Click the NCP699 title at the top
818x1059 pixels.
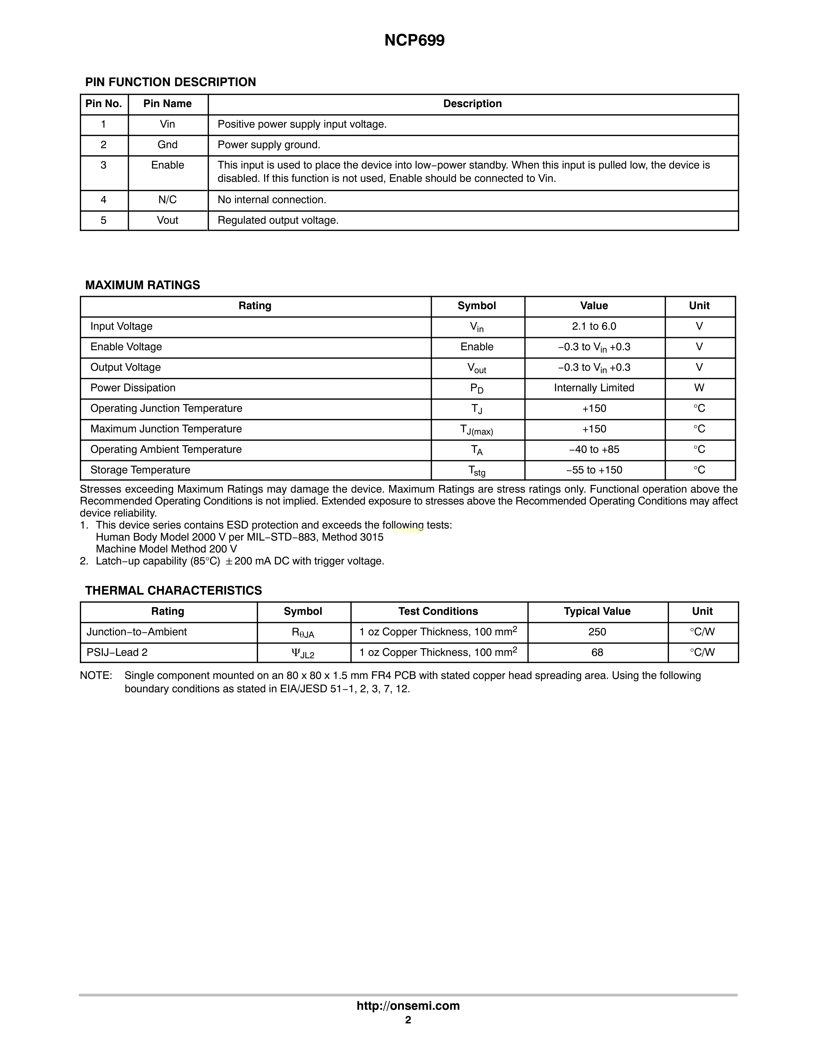[414, 40]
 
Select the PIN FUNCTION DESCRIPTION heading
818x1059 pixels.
[171, 82]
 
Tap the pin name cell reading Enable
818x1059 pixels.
[168, 165]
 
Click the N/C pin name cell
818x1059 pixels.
[168, 200]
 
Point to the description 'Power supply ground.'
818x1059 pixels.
[269, 145]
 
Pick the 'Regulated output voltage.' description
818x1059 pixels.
[278, 221]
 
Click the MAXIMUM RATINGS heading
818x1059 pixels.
[142, 285]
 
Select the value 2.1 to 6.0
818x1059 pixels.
[594, 326]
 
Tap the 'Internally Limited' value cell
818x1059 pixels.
[594, 388]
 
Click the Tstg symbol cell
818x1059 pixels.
[477, 470]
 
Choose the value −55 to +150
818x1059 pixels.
[594, 470]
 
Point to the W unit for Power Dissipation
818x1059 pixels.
[699, 388]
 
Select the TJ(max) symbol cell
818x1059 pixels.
[477, 430]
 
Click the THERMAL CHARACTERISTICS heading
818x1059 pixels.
[173, 591]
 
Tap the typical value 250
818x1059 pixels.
[597, 632]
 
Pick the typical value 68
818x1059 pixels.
[597, 653]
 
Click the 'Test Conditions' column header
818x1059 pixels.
[438, 612]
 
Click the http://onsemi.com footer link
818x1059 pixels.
[408, 1006]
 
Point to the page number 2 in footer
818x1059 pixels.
[408, 1020]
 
